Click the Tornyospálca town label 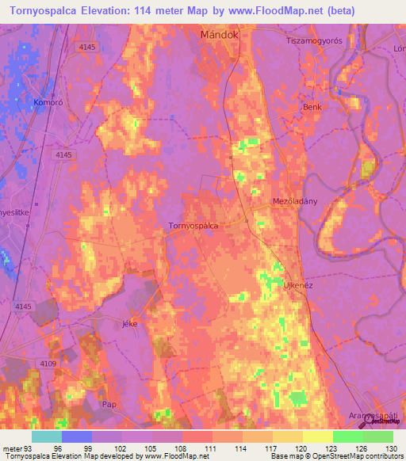[193, 226]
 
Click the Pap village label [109, 404]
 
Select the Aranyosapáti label [376, 416]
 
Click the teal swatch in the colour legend [46, 436]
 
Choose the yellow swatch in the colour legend [317, 436]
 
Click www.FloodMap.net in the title [253, 11]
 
